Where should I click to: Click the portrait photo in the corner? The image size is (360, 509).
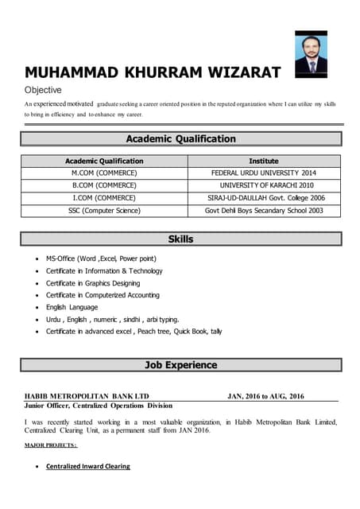click(x=311, y=52)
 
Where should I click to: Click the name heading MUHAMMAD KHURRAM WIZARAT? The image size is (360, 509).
click(x=152, y=73)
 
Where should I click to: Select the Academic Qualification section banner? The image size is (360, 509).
click(x=181, y=138)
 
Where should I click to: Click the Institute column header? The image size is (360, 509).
click(x=264, y=161)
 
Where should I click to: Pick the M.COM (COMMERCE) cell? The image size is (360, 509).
click(x=104, y=173)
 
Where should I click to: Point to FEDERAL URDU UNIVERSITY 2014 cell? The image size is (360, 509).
click(x=264, y=173)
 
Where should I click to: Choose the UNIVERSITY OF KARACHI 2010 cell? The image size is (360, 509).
click(x=264, y=185)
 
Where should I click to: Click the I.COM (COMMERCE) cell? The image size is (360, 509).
click(x=104, y=198)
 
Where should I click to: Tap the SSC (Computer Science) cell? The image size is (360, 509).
click(x=104, y=211)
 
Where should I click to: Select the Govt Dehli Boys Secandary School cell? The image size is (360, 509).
click(x=264, y=211)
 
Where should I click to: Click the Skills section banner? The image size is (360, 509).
click(x=181, y=239)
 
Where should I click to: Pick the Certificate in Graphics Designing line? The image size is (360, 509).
click(x=93, y=283)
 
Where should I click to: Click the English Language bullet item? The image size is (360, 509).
click(x=72, y=307)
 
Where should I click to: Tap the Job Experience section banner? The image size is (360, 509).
click(x=181, y=365)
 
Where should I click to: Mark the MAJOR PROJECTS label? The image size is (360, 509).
click(x=50, y=446)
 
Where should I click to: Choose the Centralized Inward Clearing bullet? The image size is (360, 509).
click(x=88, y=466)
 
